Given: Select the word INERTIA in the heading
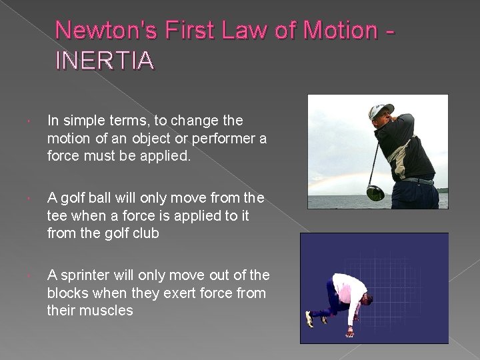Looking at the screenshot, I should click(105, 61).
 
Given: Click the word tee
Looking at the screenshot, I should click(57, 216).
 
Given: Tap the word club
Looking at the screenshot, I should click(145, 233).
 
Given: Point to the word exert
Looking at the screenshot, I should click(177, 293).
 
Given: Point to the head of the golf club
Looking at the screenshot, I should click(375, 193).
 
